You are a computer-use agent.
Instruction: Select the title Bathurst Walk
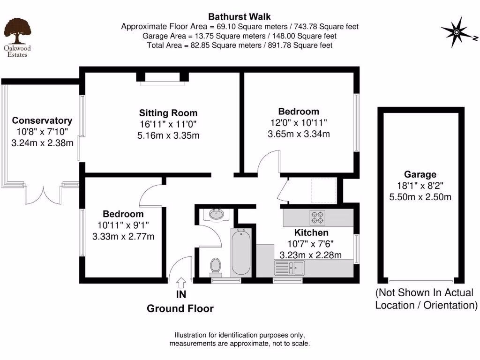click(x=240, y=17)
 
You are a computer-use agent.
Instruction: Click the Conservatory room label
click(x=42, y=120)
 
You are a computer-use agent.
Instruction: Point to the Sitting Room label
click(x=168, y=113)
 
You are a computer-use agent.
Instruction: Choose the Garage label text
click(x=420, y=174)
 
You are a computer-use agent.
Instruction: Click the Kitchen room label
click(x=311, y=233)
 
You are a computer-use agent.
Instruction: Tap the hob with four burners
click(x=317, y=217)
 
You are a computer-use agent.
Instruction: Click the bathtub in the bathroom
click(x=242, y=252)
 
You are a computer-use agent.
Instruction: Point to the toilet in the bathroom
click(x=216, y=266)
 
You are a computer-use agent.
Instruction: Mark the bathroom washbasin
click(x=217, y=214)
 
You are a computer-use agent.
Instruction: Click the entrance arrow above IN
click(x=181, y=282)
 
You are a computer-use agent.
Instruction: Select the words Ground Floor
click(x=180, y=308)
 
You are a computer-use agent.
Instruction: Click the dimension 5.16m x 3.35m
click(x=168, y=136)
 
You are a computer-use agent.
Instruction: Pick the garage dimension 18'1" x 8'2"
click(x=420, y=186)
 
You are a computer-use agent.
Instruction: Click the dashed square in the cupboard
click(x=319, y=190)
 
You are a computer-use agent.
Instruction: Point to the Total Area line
click(x=240, y=45)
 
